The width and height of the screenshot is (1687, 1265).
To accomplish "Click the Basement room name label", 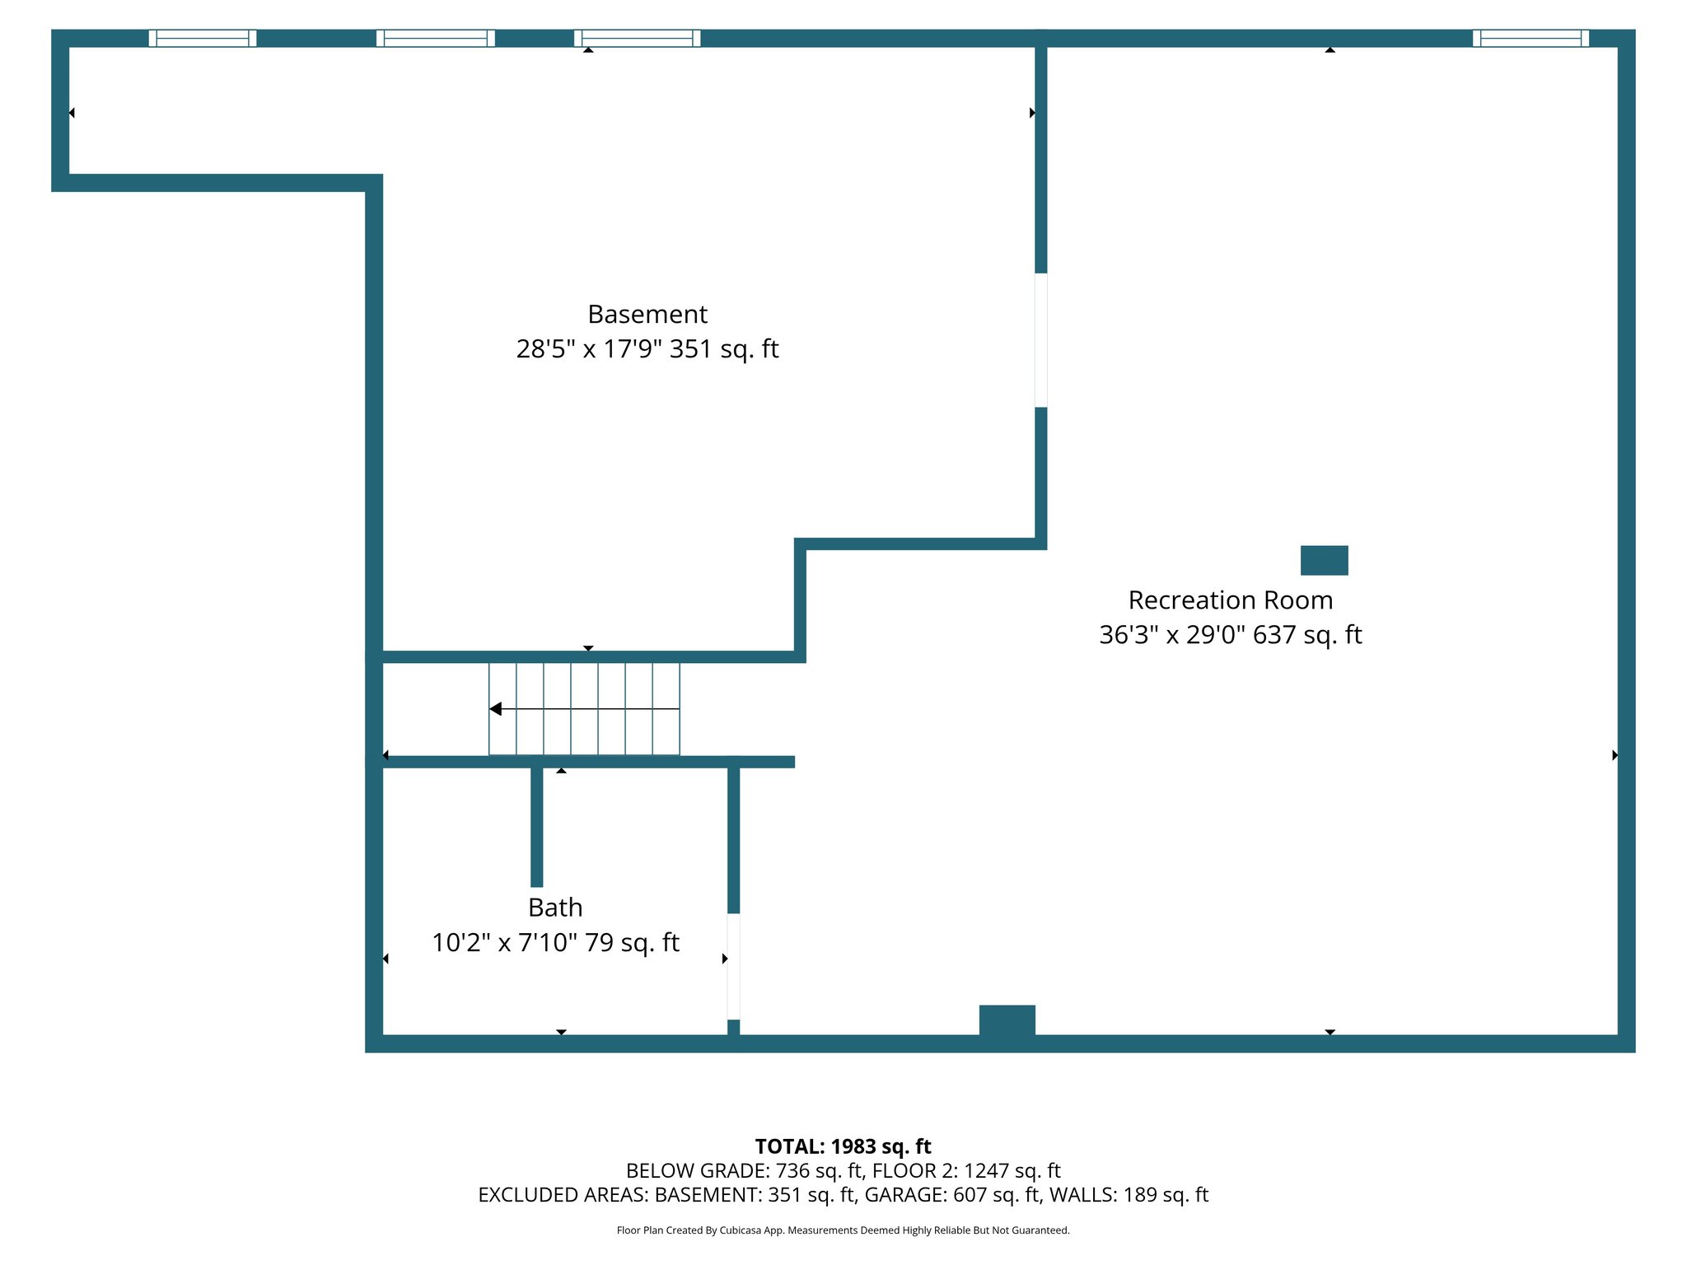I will [x=647, y=314].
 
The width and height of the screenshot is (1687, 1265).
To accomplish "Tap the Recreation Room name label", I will [x=1230, y=600].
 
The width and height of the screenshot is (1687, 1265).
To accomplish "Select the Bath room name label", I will [x=555, y=907].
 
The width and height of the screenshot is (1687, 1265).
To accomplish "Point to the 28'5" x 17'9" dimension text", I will [x=589, y=349].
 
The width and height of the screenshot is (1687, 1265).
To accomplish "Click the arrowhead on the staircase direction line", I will [x=496, y=709].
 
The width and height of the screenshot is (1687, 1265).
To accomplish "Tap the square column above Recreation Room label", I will [x=1324, y=560].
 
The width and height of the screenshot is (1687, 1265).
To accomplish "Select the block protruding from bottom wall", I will [x=1007, y=1020].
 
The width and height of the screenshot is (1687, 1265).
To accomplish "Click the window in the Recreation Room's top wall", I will [x=1530, y=38].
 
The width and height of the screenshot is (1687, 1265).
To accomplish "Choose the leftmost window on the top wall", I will [x=203, y=38].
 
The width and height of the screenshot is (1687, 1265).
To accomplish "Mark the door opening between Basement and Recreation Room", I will [x=1041, y=339].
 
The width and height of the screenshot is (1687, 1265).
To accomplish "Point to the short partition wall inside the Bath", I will [x=537, y=825].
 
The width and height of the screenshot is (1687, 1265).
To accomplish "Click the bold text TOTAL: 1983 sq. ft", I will [x=843, y=1146].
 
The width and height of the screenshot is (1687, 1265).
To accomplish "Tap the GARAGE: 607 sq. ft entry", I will [x=951, y=1195].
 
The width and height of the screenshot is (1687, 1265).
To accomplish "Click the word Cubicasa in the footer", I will [x=739, y=1230].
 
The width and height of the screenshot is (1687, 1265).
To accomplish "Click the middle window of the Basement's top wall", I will [x=436, y=38].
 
